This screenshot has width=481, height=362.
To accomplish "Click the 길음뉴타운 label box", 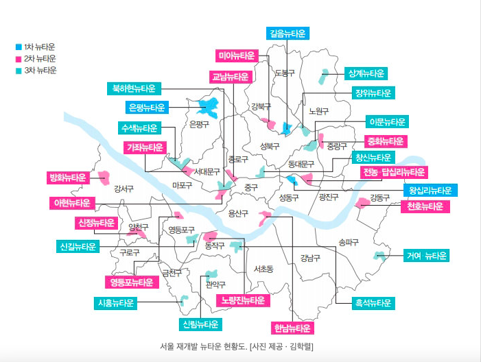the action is (x=288, y=34).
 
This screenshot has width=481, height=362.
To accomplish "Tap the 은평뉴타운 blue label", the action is (x=147, y=107).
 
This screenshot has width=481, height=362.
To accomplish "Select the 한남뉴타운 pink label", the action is (x=292, y=328).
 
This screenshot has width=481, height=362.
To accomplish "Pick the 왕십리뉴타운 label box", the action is (x=430, y=191).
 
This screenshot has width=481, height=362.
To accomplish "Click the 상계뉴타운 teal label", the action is (x=366, y=73).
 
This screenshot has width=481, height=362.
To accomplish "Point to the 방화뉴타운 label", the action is (x=68, y=178).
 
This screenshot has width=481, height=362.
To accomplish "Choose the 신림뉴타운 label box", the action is (x=200, y=324).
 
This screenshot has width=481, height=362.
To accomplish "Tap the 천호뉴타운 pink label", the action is (x=425, y=206).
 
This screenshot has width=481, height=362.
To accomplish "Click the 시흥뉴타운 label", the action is (x=116, y=303).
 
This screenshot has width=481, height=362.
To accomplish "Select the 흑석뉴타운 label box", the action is (x=373, y=303).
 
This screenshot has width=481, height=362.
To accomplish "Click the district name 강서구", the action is (x=124, y=189).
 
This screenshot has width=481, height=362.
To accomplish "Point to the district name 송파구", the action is (x=349, y=243).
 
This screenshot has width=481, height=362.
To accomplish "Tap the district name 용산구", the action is (x=238, y=213).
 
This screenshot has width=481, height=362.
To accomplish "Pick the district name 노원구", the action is (x=319, y=111).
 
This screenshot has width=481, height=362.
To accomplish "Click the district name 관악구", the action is (x=215, y=285).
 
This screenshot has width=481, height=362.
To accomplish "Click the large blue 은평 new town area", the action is (x=209, y=108).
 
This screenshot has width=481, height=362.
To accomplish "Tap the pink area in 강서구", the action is (x=104, y=178).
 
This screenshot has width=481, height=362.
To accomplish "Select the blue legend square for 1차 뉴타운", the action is (x=19, y=47).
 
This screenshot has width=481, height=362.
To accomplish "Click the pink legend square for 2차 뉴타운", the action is (x=19, y=58).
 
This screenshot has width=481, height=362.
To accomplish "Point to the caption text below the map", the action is (x=237, y=347).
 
